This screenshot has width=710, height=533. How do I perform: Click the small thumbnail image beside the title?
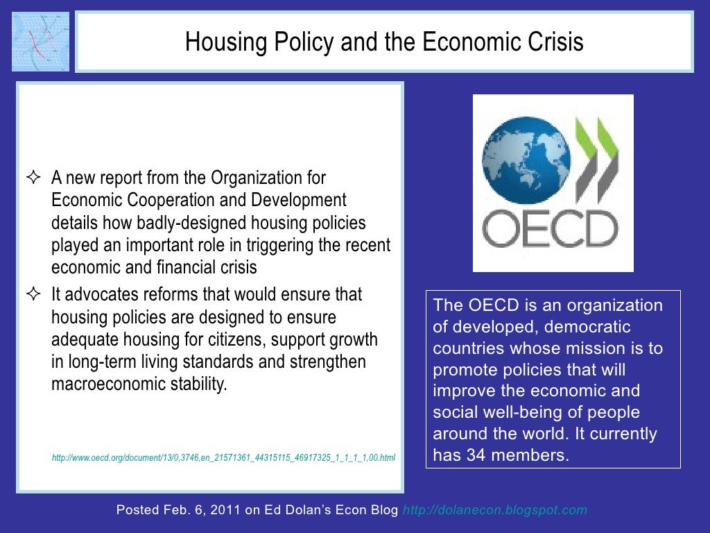click(x=41, y=41)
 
